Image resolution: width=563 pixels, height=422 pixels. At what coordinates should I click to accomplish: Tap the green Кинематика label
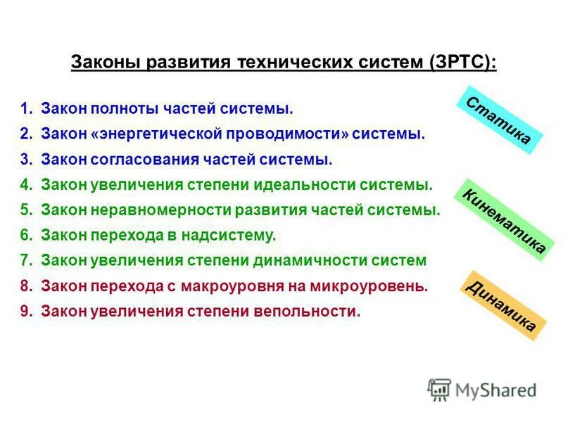[x=502, y=220]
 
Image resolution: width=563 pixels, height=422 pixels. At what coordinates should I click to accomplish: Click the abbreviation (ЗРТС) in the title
[x=461, y=63]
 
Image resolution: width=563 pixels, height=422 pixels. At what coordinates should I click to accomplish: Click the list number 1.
[x=26, y=109]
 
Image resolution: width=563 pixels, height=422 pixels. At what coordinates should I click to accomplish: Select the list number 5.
[x=26, y=210]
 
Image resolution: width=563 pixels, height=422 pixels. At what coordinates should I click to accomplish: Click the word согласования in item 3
[x=135, y=160]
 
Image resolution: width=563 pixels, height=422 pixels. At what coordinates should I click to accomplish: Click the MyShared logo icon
[x=439, y=390]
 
